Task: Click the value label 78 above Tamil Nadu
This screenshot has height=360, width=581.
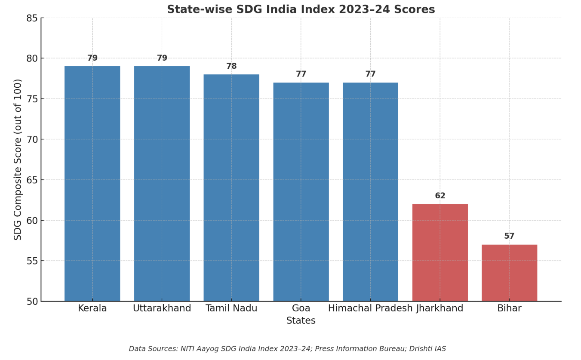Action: (231, 66)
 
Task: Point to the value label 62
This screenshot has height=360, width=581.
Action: (440, 196)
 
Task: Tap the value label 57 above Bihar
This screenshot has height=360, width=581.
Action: (509, 236)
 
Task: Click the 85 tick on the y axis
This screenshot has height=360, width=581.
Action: (32, 18)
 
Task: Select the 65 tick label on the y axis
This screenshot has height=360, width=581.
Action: (32, 180)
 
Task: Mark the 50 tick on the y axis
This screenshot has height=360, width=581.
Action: (32, 301)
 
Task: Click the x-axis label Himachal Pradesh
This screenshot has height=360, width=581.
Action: (370, 308)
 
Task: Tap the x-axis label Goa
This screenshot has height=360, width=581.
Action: (301, 308)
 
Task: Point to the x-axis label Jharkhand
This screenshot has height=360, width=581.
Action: (440, 308)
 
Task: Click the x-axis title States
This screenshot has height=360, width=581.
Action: (301, 321)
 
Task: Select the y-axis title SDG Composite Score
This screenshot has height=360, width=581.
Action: (18, 159)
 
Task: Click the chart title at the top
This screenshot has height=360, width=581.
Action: (301, 9)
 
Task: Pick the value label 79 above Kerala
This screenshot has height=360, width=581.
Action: (92, 58)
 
